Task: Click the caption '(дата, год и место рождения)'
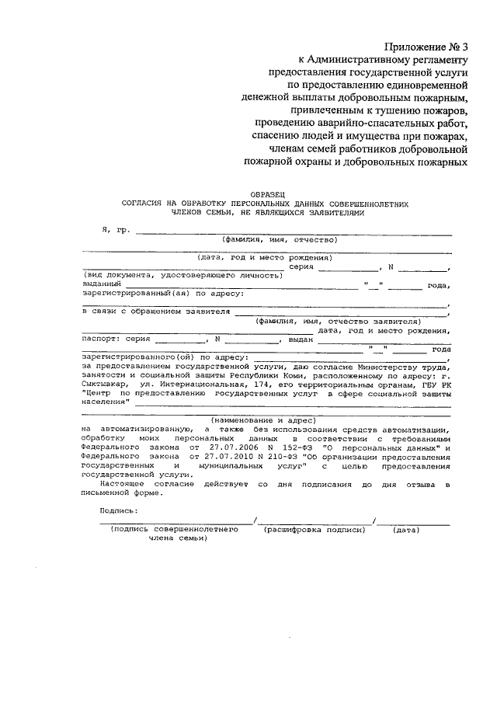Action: point(265,257)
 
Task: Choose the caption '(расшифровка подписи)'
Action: point(315,529)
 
